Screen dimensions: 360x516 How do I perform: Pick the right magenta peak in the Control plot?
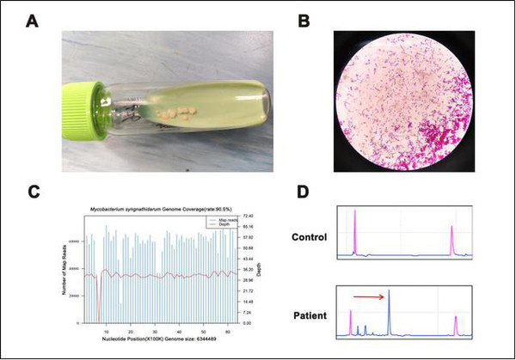point(451,241)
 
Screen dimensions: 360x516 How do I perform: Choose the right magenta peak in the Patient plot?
point(455,325)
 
